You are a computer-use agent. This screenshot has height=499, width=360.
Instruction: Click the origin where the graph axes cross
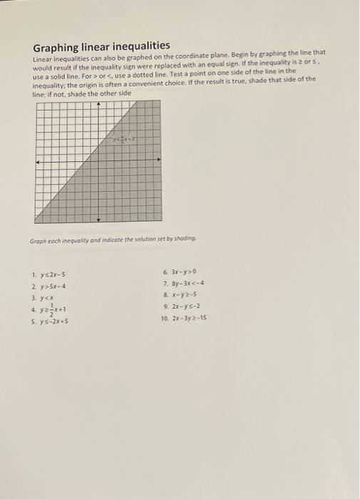[98, 162]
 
